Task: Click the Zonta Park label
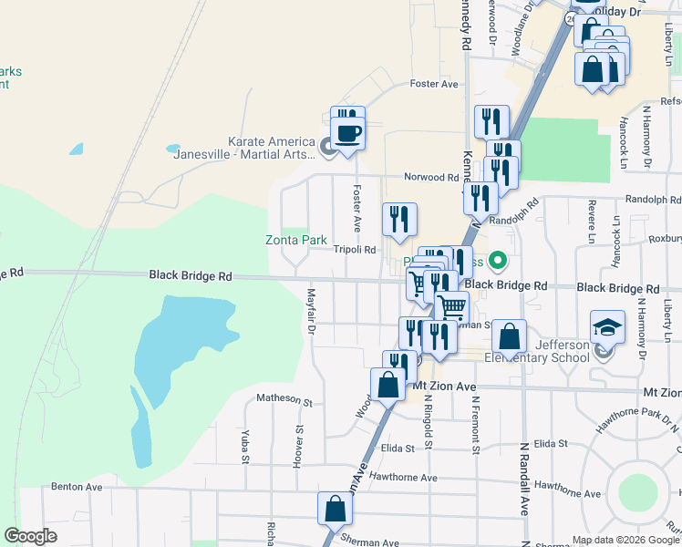click(x=295, y=241)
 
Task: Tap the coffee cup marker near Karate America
click(x=348, y=133)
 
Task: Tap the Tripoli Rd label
click(x=355, y=249)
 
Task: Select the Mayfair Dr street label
click(x=311, y=311)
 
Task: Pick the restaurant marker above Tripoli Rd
click(x=399, y=220)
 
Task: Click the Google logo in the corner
click(x=30, y=536)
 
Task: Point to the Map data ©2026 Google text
click(x=625, y=540)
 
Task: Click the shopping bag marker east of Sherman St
click(x=510, y=336)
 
